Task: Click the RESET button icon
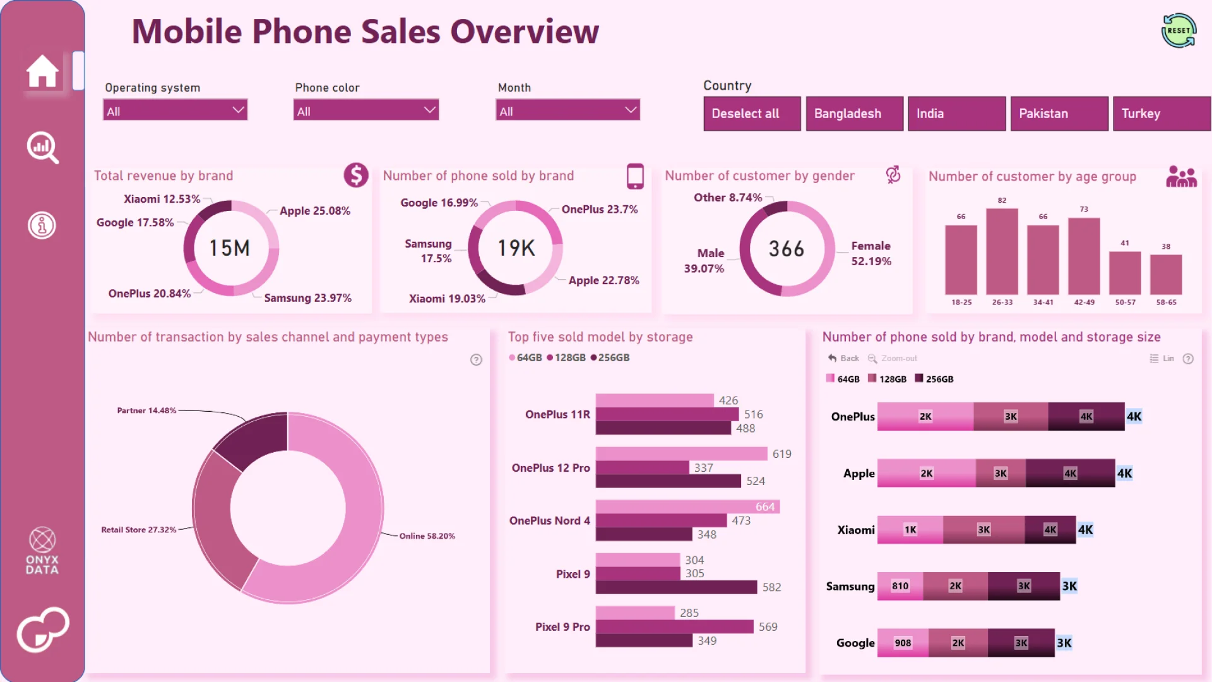click(1179, 30)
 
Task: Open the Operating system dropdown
click(175, 111)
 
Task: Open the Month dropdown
click(567, 111)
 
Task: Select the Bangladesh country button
click(854, 114)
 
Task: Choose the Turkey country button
click(1161, 114)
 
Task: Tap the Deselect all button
click(752, 114)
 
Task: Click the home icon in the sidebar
click(42, 71)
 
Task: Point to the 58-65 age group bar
click(1166, 274)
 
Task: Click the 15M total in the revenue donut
click(230, 248)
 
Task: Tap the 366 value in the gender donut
click(787, 249)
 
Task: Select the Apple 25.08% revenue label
click(314, 211)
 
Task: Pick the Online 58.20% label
click(427, 536)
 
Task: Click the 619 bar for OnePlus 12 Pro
click(681, 454)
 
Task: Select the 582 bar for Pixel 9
click(676, 587)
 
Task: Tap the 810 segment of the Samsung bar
click(900, 586)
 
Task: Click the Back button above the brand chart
click(843, 358)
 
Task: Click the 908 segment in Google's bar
click(903, 643)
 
